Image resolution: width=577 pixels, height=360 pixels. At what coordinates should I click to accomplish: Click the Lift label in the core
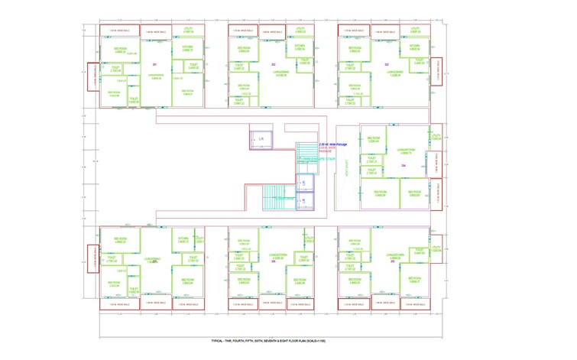point(261,139)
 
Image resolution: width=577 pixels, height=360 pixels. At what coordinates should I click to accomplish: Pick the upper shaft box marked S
point(303,184)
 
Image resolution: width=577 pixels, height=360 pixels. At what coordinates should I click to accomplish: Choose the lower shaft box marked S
point(303,201)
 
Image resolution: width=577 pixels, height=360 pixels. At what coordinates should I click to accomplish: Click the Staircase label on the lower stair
point(285,199)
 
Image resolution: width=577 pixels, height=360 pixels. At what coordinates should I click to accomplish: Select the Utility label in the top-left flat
point(189,30)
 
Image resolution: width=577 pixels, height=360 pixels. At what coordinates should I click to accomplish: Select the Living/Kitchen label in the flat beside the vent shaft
point(407,151)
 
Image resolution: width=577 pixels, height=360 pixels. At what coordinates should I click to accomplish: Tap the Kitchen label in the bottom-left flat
point(183,240)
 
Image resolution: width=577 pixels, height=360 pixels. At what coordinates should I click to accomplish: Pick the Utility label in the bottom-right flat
point(418,250)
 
